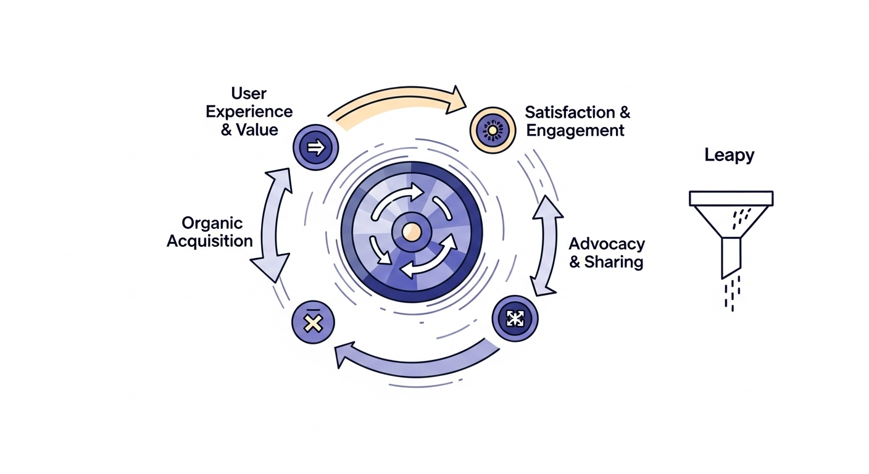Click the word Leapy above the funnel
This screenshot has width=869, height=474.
pyautogui.click(x=729, y=155)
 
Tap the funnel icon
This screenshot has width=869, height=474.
pyautogui.click(x=731, y=228)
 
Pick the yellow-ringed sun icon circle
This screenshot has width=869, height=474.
pyautogui.click(x=493, y=130)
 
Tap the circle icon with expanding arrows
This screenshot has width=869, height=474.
pyautogui.click(x=515, y=318)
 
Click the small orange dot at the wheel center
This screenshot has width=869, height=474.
pyautogui.click(x=411, y=231)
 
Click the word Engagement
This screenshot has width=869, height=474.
pyautogui.click(x=575, y=131)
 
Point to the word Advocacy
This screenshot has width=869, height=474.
pyautogui.click(x=606, y=243)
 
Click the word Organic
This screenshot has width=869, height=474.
pyautogui.click(x=212, y=223)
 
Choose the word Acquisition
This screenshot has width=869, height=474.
pyautogui.click(x=210, y=241)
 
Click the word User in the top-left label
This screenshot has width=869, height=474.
pyautogui.click(x=249, y=94)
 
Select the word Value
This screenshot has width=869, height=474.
pyautogui.click(x=257, y=130)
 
